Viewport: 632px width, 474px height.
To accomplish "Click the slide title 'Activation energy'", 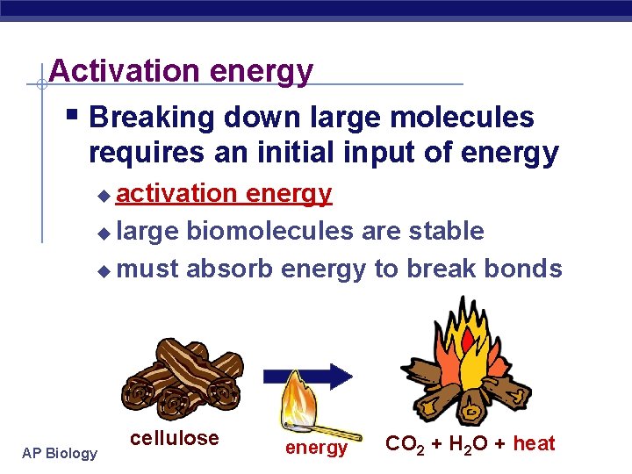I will coord(181,70).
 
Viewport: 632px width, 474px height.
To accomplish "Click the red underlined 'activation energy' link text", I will coord(224,193).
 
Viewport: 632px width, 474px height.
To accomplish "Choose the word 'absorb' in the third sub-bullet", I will coord(229,269).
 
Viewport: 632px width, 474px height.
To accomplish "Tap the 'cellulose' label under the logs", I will coord(174,438).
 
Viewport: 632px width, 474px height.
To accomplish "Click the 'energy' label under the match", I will coord(316,448).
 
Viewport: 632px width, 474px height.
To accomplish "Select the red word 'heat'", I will coord(534,443).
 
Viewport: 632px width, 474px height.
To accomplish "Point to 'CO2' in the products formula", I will coord(406,444).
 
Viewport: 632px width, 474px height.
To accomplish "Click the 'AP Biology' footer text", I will coord(61,453).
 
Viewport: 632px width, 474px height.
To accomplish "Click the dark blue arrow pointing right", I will coord(320,376).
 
